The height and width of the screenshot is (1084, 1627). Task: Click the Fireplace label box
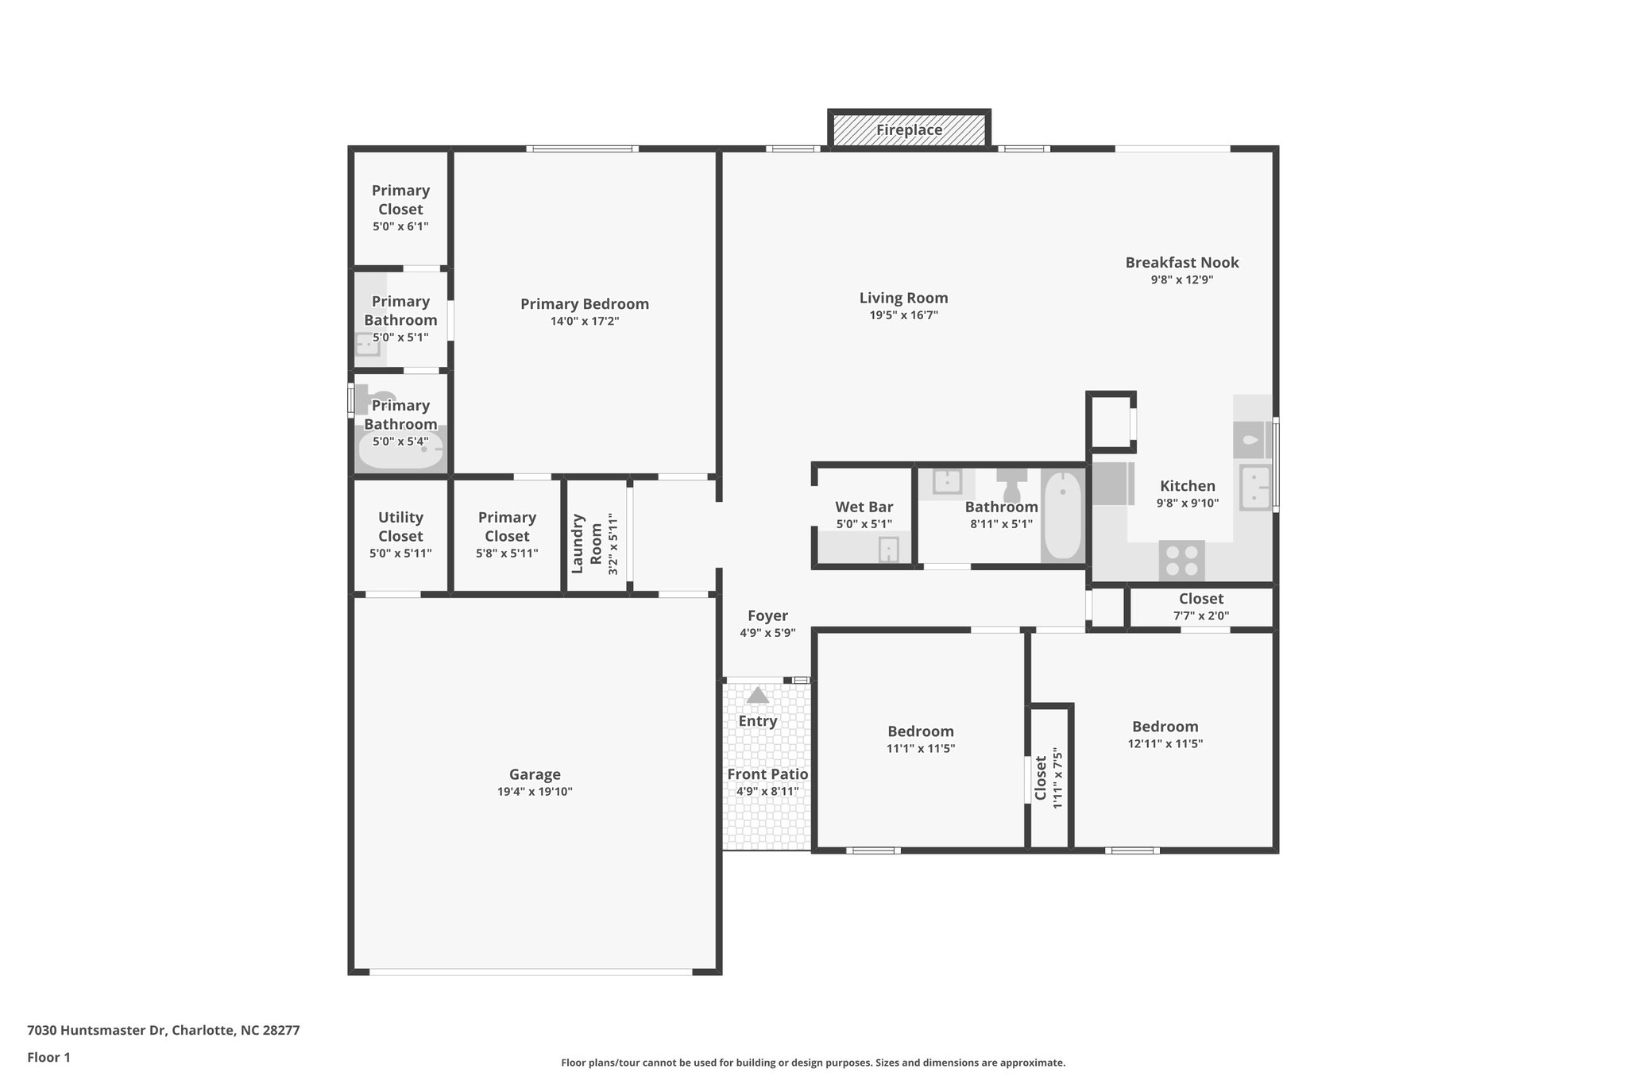(909, 129)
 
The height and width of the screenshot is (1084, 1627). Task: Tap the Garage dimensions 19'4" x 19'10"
(535, 792)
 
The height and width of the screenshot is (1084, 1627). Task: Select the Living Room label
(903, 298)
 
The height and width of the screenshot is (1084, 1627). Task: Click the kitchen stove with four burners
(1181, 560)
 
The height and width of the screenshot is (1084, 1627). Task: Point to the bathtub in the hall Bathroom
(1062, 516)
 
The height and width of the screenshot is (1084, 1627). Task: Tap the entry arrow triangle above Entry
(757, 696)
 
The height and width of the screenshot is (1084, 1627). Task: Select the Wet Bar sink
(888, 549)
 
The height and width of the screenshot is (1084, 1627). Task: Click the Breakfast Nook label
(1181, 262)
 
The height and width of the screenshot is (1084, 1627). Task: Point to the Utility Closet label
(400, 527)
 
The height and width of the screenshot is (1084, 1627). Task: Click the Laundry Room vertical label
(586, 543)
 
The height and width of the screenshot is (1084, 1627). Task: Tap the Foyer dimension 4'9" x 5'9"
(767, 633)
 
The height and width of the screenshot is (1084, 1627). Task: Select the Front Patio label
(767, 774)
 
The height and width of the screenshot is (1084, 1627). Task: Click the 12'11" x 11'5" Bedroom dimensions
(1165, 744)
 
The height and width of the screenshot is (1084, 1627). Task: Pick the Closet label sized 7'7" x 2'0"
(1200, 599)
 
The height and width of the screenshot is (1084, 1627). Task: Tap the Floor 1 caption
(48, 1057)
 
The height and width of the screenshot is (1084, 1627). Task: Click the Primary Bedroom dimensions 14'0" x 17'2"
(584, 321)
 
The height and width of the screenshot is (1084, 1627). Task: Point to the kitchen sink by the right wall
(1255, 487)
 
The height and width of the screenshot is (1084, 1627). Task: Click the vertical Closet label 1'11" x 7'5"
(1041, 777)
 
